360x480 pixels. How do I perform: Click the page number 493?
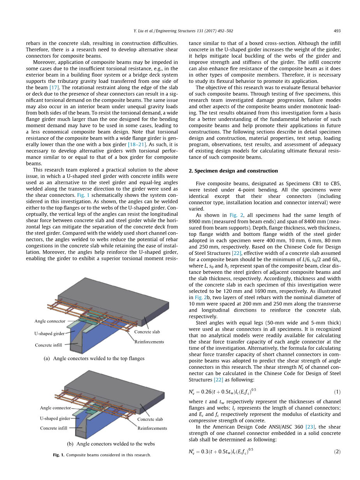click(x=337, y=31)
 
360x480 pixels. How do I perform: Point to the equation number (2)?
click(x=337, y=452)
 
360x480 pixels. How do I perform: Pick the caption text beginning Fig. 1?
click(x=102, y=455)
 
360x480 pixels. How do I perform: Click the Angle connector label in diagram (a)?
click(x=50, y=321)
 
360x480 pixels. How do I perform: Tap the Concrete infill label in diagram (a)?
click(x=49, y=345)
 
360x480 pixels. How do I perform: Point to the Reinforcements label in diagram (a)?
click(x=149, y=342)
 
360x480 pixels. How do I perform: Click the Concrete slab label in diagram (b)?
click(x=150, y=419)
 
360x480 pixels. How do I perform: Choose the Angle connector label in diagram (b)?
click(x=55, y=408)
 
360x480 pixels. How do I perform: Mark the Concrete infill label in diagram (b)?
click(x=54, y=428)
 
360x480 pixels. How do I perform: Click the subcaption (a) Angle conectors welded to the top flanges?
click(x=94, y=359)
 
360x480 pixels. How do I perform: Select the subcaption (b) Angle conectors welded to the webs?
click(x=111, y=444)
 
